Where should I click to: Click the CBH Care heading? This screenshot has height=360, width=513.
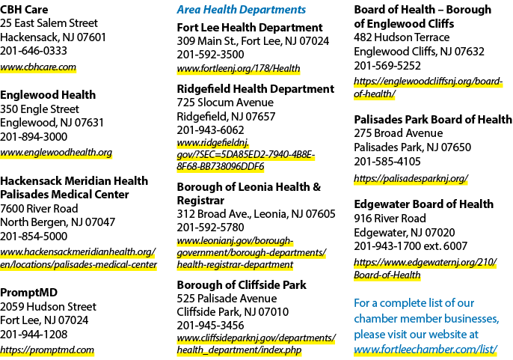pyautogui.click(x=24, y=10)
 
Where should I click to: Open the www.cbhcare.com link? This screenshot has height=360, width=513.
pyautogui.click(x=38, y=67)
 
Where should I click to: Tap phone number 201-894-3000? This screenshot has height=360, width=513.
pyautogui.click(x=34, y=137)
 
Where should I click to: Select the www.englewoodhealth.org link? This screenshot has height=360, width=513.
pyautogui.click(x=56, y=153)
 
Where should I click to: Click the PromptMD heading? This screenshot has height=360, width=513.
pyautogui.click(x=28, y=292)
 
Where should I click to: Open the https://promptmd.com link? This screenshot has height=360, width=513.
pyautogui.click(x=47, y=350)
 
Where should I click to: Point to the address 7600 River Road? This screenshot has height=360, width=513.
pyautogui.click(x=39, y=208)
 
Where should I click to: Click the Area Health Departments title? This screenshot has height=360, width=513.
pyautogui.click(x=242, y=10)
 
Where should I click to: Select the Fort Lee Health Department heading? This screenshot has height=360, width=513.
pyautogui.click(x=250, y=28)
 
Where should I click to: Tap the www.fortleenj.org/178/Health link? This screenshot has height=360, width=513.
pyautogui.click(x=239, y=68)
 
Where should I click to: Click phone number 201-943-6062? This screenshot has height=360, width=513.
pyautogui.click(x=210, y=130)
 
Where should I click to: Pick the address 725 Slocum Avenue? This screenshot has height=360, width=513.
pyautogui.click(x=225, y=103)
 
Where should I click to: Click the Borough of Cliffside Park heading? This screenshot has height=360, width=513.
pyautogui.click(x=242, y=285)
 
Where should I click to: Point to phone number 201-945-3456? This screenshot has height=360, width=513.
pyautogui.click(x=210, y=326)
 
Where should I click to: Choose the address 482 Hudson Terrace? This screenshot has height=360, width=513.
pyautogui.click(x=402, y=37)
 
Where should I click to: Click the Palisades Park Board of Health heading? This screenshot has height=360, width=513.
pyautogui.click(x=433, y=120)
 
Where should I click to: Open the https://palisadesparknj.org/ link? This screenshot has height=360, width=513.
pyautogui.click(x=411, y=179)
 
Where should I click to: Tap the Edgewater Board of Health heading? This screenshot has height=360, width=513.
pyautogui.click(x=424, y=204)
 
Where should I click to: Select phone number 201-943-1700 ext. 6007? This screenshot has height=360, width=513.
pyautogui.click(x=411, y=246)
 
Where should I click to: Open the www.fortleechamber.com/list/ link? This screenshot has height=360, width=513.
pyautogui.click(x=426, y=350)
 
